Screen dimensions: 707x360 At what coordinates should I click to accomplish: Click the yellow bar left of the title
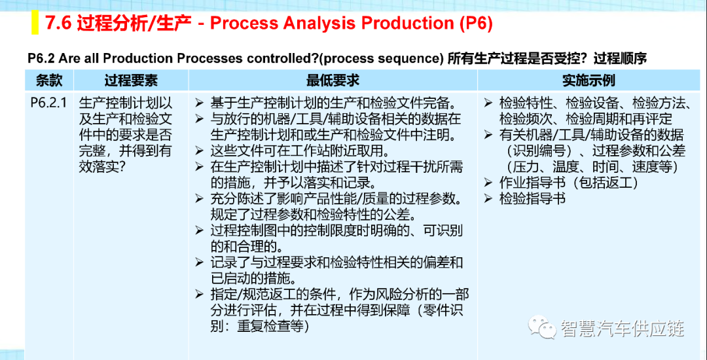pos(35,23)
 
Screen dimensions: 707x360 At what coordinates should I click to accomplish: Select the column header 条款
pos(49,81)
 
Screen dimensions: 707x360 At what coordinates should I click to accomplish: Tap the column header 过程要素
pos(131,81)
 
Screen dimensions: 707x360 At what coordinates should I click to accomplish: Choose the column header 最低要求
pos(333,81)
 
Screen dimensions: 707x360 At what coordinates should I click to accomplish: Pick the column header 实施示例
pos(589,81)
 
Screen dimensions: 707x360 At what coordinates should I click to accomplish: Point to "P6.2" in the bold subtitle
pos(41,58)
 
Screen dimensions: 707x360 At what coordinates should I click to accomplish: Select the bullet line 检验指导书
pos(532,198)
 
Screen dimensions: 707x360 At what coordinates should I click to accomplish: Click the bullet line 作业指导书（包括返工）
pos(570,183)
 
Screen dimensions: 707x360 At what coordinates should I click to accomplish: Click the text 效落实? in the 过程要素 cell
pos(102,166)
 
